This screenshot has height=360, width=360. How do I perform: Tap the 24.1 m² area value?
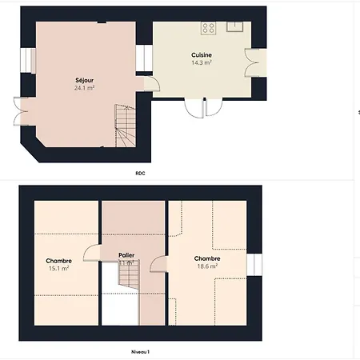(x=84, y=88)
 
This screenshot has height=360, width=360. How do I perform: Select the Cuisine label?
(x=201, y=54)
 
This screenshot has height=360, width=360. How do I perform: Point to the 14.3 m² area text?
(x=201, y=62)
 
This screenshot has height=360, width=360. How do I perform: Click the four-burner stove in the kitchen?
(x=209, y=28)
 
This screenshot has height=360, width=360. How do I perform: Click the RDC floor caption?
(x=141, y=172)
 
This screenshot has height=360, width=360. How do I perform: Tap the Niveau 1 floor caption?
(x=141, y=351)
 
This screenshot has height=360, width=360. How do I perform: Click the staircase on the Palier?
(x=128, y=277)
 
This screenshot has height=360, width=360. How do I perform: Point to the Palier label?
(x=126, y=256)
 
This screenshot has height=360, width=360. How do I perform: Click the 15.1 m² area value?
(x=59, y=269)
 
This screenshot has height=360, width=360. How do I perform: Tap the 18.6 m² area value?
(x=208, y=266)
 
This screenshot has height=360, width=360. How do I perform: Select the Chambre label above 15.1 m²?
(x=59, y=261)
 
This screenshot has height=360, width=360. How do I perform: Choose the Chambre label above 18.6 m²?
(x=208, y=258)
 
